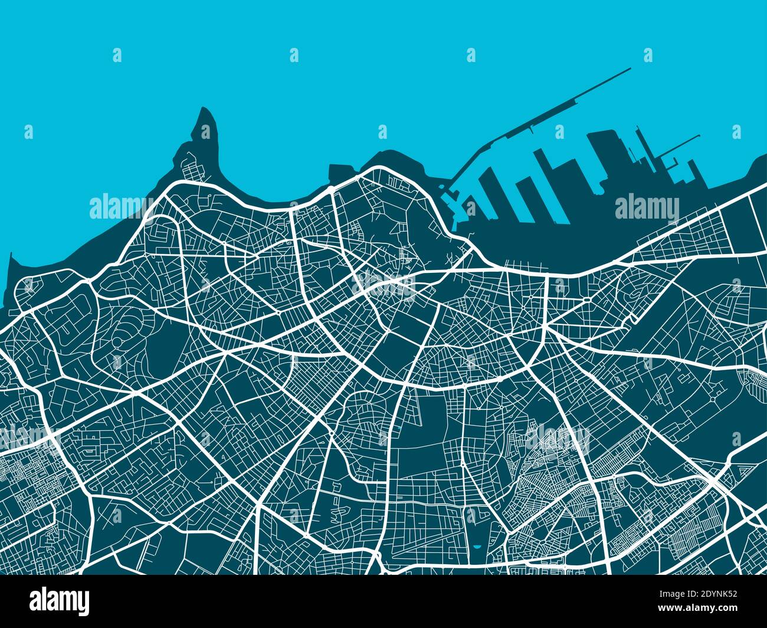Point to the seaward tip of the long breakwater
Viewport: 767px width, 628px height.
point(630,69)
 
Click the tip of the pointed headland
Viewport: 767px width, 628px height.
point(205,109)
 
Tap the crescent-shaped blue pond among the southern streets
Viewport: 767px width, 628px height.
point(476,549)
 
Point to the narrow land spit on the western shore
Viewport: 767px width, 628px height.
point(8,278)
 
